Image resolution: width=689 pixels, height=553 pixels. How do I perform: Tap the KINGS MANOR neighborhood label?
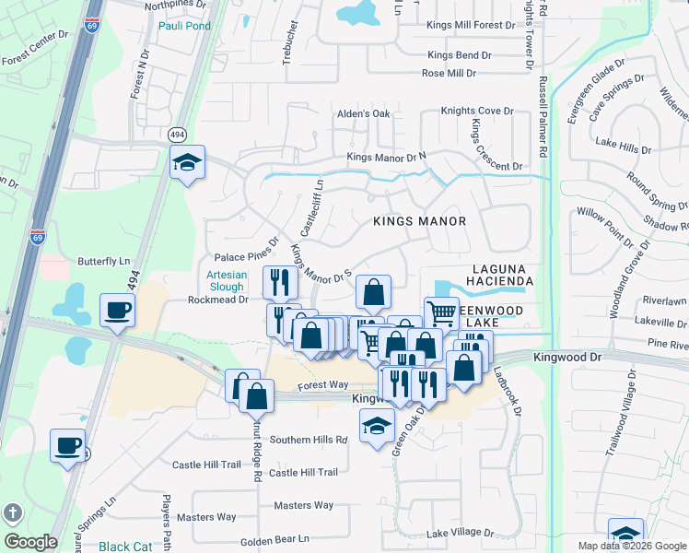coord(419,221)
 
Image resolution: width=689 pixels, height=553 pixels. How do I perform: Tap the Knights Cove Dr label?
coord(476,111)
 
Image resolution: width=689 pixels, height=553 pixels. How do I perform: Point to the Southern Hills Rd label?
coord(308,440)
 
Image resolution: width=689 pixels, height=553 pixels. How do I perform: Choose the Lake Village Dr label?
coord(461,533)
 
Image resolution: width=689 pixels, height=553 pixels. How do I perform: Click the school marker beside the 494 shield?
coord(187,162)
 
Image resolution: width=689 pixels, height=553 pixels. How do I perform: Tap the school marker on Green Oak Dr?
coord(377,425)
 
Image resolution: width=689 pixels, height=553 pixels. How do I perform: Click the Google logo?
coord(31,543)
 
